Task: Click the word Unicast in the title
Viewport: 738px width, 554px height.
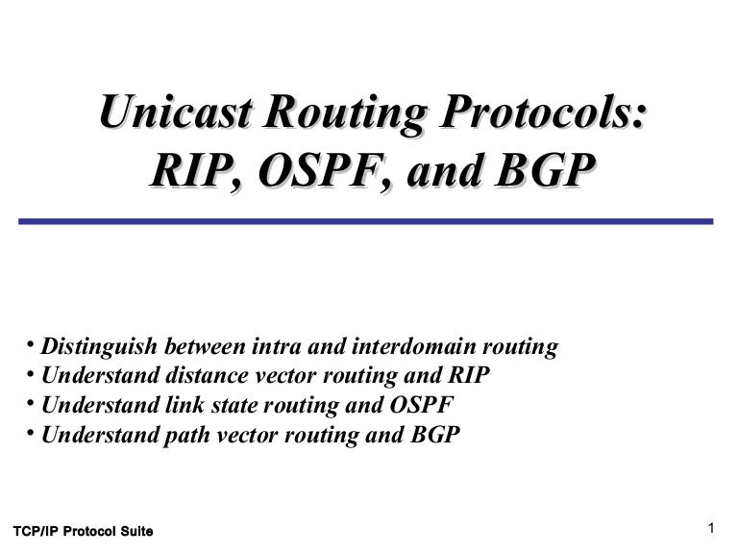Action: (175, 112)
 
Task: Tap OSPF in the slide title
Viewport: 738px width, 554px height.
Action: (325, 170)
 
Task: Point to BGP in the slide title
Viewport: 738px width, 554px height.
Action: (545, 170)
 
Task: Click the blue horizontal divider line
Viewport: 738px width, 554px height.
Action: (366, 221)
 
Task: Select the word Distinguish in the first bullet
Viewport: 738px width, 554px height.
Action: (99, 346)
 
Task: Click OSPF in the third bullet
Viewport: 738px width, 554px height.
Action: (422, 405)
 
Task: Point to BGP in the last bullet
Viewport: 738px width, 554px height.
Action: (435, 435)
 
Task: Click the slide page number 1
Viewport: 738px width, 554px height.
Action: (711, 528)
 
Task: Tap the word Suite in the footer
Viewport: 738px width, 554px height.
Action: (136, 531)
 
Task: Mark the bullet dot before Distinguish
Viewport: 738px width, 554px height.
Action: (31, 344)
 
